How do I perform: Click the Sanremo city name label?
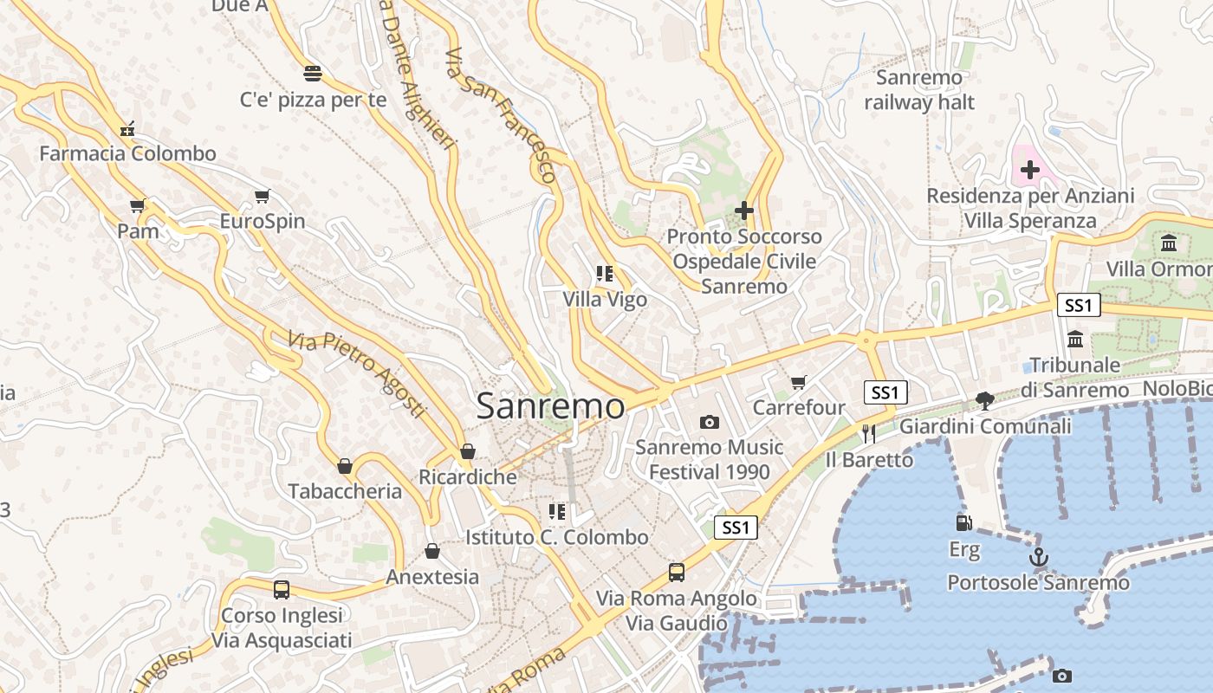pos(550,405)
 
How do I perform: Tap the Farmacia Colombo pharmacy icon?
pos(128,130)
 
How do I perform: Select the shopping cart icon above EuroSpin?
pos(262,197)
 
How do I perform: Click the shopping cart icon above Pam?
pos(137,206)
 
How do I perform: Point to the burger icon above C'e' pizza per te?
pos(313,73)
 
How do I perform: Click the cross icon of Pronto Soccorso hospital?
pos(743,210)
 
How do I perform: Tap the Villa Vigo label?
pos(605,300)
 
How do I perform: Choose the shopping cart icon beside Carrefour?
pos(799,382)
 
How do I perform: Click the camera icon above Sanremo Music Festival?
pos(710,422)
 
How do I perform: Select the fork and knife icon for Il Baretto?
pos(868,434)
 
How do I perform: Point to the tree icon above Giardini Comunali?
pos(984,400)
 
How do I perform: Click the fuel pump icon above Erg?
pos(963,523)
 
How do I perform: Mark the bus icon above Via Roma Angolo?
pos(677,573)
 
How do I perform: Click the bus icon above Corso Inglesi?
pos(282,590)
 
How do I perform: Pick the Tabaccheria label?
pos(345,491)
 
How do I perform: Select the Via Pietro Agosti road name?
pos(358,373)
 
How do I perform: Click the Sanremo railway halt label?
pos(919,90)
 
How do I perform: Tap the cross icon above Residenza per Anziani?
pos(1029,170)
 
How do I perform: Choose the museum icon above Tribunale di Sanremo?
pos(1076,339)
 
